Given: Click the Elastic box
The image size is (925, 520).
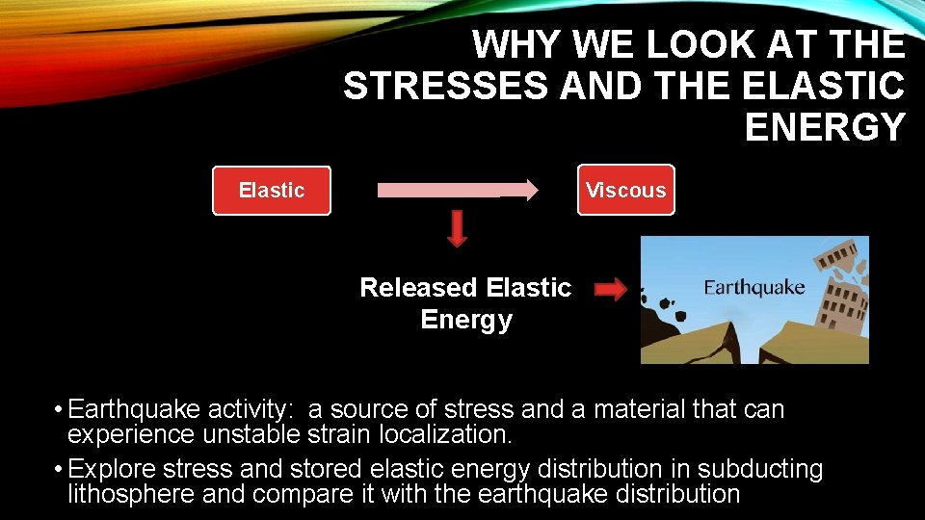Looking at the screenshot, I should point(271,191).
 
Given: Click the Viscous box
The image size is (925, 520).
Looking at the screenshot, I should point(625,191).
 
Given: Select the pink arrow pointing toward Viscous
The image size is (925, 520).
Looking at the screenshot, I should point(457,190).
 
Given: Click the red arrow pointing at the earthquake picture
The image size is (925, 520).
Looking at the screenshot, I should point(610,290).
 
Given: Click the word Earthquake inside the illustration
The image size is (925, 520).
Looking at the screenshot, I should point(753,288).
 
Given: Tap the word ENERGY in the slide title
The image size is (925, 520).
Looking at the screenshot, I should point(825,127).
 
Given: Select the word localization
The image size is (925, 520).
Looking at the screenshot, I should point(444,434).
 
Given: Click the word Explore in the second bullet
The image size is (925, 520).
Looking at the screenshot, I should point(108,470).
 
